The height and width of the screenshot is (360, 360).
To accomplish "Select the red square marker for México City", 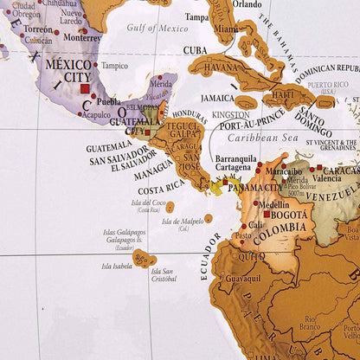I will pos(84,88).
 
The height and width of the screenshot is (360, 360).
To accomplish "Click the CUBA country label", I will pos(196,49).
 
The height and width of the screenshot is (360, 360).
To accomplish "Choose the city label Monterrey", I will pos(83,37).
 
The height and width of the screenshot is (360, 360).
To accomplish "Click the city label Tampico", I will pos(113,66).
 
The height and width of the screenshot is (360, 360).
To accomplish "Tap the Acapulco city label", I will pos(96,113).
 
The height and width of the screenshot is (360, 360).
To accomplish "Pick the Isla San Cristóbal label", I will pos(164,275).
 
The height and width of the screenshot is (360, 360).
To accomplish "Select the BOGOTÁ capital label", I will pos(286,215).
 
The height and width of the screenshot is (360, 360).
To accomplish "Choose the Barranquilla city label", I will pos(236,158).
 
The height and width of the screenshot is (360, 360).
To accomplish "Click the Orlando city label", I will pos(246,4).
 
